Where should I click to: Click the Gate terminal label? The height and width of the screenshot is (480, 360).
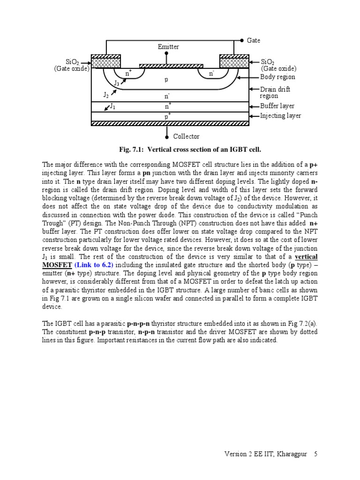[253, 41]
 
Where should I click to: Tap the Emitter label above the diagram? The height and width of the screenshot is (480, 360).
[168, 47]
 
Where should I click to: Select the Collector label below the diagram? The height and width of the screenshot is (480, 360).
[186, 136]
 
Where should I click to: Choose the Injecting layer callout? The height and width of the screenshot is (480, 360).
[280, 116]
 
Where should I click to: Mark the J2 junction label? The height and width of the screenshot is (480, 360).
[106, 95]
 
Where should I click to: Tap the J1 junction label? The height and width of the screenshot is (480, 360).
[112, 107]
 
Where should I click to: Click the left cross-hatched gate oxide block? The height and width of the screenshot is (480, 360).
[105, 61]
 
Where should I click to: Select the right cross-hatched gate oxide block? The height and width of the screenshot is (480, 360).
[234, 61]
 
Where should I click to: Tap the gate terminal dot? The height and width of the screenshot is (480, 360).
[242, 41]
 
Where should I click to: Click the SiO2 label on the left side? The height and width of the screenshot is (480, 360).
[72, 62]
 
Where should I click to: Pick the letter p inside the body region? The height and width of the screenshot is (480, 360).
[166, 80]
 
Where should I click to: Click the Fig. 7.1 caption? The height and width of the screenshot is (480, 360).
[190, 150]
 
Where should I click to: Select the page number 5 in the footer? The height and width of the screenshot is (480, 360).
[316, 454]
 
